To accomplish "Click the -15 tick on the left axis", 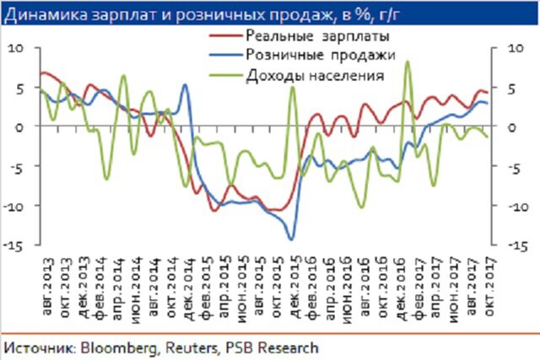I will (x=16, y=245).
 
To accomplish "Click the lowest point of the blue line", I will (x=291, y=240).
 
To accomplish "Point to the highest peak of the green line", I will (x=408, y=61).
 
